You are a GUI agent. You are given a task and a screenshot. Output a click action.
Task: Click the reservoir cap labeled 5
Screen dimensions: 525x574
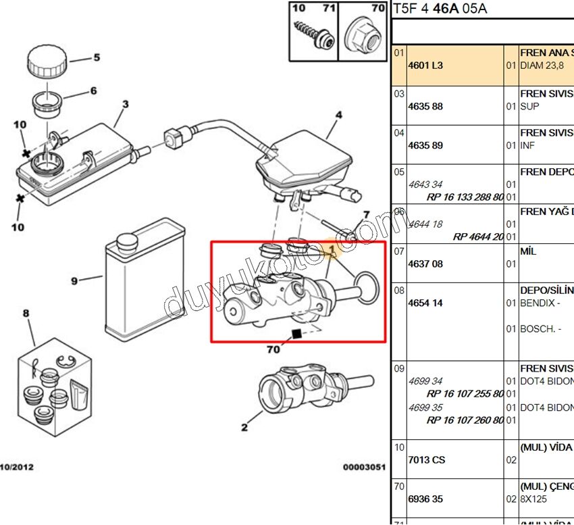tap(46, 62)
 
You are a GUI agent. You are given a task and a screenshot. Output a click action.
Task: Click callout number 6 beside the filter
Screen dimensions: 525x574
tap(93, 91)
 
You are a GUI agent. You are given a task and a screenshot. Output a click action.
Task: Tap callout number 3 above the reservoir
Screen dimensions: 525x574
tap(125, 104)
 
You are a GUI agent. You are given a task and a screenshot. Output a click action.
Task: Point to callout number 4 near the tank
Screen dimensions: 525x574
tap(339, 115)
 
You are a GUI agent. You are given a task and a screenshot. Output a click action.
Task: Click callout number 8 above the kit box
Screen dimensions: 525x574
tap(26, 313)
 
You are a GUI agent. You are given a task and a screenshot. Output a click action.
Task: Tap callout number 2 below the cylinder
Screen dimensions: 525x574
tap(244, 426)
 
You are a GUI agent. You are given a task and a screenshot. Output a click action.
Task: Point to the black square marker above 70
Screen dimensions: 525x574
tap(295, 333)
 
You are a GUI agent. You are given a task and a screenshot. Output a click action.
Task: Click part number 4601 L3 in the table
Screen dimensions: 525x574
tap(425, 66)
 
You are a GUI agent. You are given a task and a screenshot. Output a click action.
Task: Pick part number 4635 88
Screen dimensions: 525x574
tap(425, 107)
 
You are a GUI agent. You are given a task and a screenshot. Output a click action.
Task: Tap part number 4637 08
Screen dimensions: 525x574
tap(425, 264)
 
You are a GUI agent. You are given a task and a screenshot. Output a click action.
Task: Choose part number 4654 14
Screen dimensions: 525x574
tap(425, 303)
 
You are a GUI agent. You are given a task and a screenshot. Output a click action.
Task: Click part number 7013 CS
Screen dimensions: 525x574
tap(427, 459)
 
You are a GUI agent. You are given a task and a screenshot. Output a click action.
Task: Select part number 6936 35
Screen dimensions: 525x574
tap(425, 499)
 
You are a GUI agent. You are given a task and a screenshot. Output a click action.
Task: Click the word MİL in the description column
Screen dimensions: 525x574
tap(528, 251)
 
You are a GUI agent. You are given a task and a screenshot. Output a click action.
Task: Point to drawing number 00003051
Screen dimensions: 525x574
tap(363, 466)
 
